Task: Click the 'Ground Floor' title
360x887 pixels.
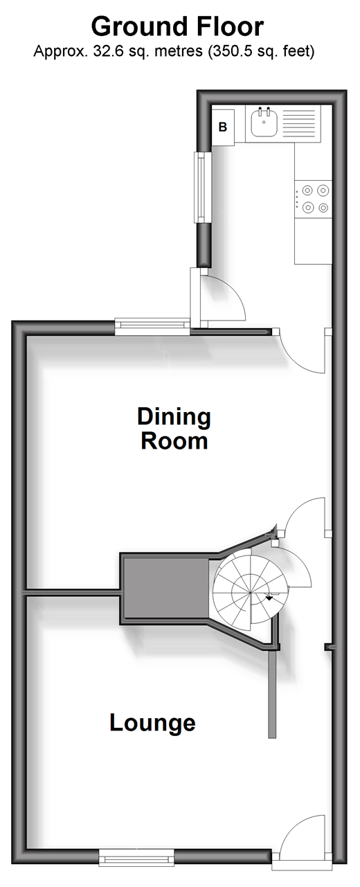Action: coord(177,27)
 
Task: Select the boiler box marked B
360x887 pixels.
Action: coord(223,125)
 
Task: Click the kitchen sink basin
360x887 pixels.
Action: coord(264,123)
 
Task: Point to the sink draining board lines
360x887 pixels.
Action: coord(300,123)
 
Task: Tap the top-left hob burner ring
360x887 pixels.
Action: coord(307,190)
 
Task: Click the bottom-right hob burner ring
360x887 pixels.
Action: coord(323,207)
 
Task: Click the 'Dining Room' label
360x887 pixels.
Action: coord(174,429)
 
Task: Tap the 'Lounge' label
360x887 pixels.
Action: coord(152,722)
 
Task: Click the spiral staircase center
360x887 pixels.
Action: coord(251,593)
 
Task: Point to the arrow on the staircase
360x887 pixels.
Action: coord(269,598)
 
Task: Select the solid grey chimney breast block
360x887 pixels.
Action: coord(166,587)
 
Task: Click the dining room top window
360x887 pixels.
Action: coord(152,327)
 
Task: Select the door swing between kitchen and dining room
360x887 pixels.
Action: coord(302,351)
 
